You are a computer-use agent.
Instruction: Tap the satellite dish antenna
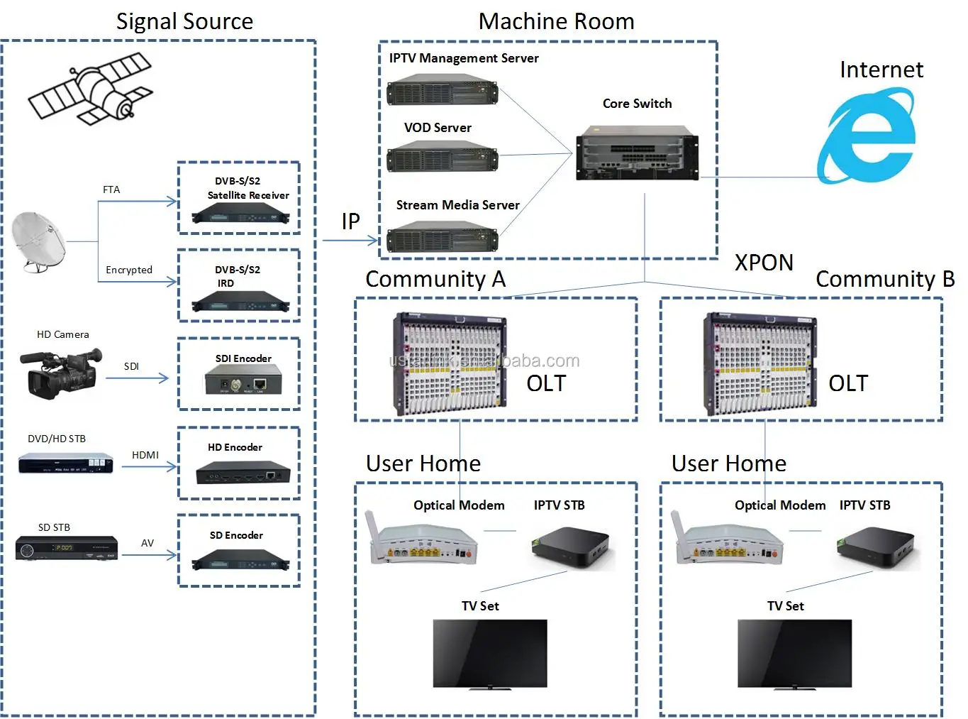pos(39,241)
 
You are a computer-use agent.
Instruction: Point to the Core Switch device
pos(636,153)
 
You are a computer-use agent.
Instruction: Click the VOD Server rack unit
pos(442,156)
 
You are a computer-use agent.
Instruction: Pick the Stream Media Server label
pos(457,205)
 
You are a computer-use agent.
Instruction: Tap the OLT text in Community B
pos(847,383)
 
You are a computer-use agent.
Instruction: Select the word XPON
pos(764,263)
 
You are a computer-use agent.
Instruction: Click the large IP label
pos(350,221)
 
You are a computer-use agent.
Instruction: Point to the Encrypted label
pos(129,270)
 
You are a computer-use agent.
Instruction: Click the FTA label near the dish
pos(111,190)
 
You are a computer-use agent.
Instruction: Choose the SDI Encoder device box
pos(243,380)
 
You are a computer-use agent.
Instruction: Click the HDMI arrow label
pos(145,455)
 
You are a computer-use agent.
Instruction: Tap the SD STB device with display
pos(67,547)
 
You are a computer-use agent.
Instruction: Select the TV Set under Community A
pos(490,654)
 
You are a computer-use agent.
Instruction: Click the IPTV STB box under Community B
pos(877,547)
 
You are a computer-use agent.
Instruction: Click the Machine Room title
pos(556,21)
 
